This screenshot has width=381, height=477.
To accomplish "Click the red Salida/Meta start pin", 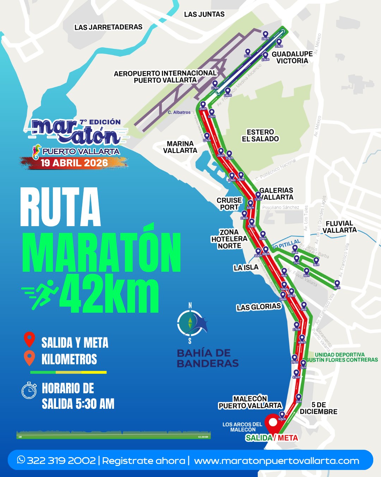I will (273, 423).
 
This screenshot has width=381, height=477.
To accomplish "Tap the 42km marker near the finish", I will (282, 415).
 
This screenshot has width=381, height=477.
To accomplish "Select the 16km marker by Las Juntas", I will (265, 35).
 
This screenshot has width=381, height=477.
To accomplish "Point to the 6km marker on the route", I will (337, 284).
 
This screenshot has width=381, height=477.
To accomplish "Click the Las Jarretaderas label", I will (108, 27).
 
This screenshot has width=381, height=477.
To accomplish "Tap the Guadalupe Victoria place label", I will (292, 57).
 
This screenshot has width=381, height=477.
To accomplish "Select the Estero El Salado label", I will (260, 135).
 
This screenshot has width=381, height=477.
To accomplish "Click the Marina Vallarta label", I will (180, 147).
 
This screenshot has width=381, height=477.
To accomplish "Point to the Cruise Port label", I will (229, 204).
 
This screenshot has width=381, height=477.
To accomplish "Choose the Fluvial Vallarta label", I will (339, 227).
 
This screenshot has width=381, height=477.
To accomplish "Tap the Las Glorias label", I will (259, 307).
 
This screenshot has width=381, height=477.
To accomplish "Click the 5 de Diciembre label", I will (319, 408).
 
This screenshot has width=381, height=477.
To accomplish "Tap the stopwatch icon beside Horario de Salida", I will (29, 391).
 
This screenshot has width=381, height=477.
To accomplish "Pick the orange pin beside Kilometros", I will (29, 358).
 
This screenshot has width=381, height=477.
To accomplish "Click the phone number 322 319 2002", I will (61, 460).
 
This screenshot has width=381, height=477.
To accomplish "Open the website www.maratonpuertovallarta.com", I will (277, 461).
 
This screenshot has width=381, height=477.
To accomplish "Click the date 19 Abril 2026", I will (74, 163).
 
